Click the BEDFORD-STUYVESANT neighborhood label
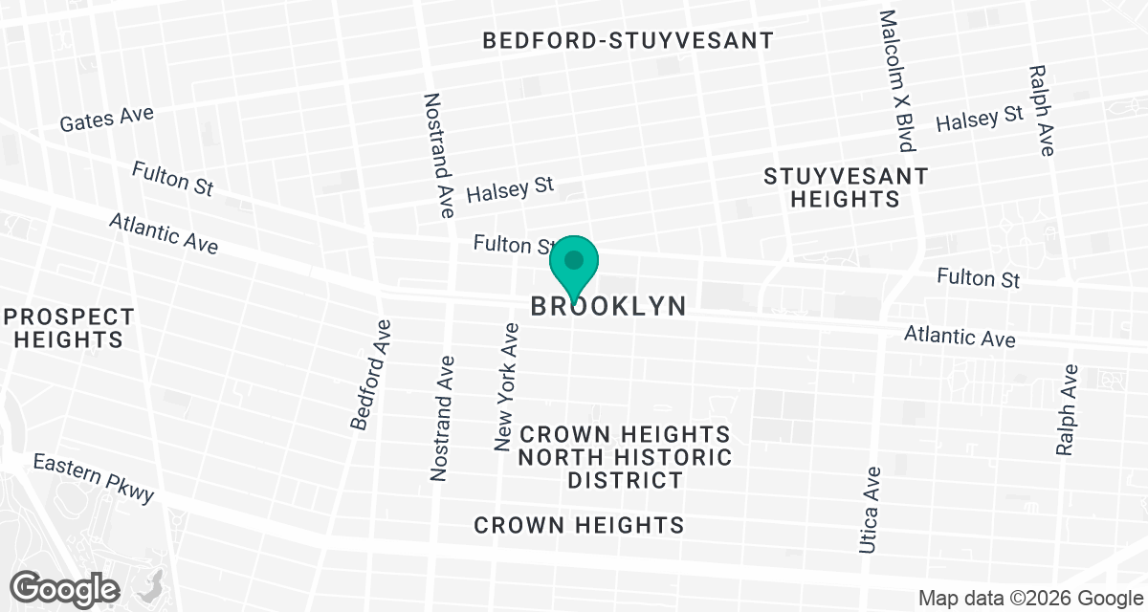tap(628, 40)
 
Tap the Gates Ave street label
tap(106, 120)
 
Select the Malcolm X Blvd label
tap(897, 81)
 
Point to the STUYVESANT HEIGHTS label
tap(846, 187)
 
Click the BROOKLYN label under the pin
tap(608, 306)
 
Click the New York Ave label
tap(506, 386)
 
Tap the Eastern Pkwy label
tap(93, 477)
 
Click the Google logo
tap(65, 586)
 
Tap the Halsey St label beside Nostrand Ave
tap(510, 188)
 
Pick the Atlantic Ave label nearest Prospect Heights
tap(163, 232)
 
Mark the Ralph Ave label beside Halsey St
tap(1040, 110)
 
